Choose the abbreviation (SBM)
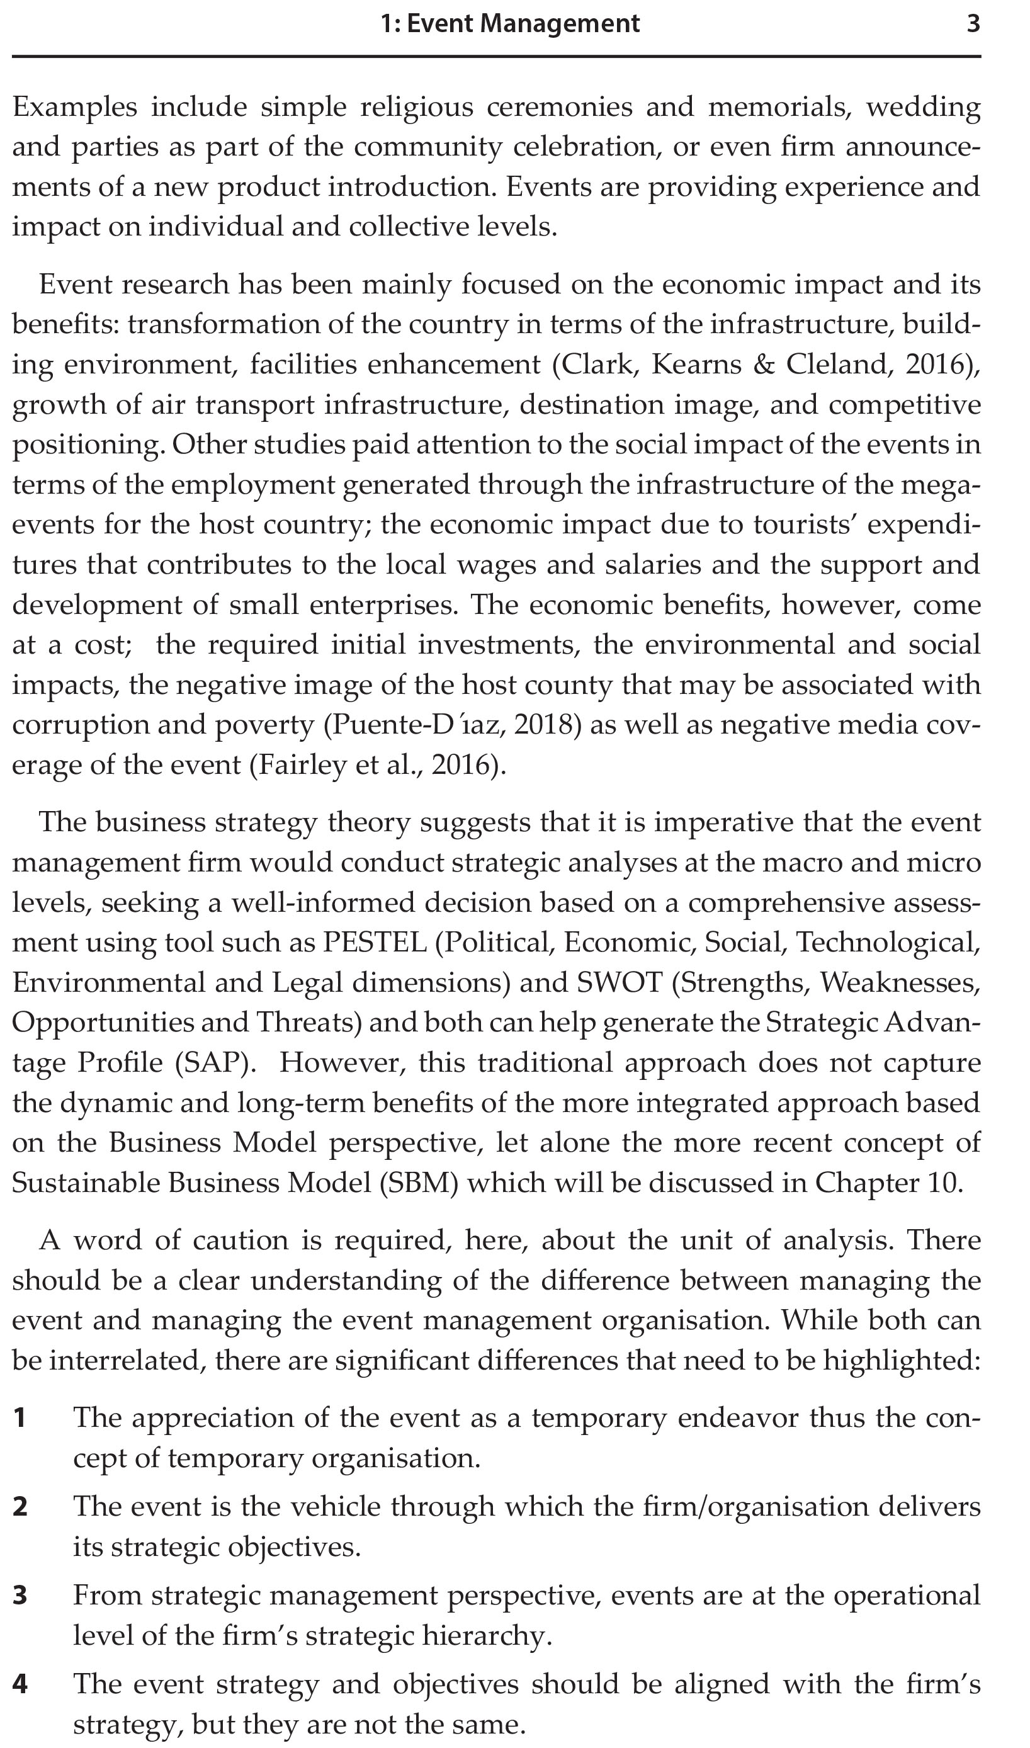coord(419,1183)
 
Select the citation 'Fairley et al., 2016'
coord(374,765)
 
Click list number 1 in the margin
coord(20,1418)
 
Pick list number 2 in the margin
coord(20,1507)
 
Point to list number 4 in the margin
coord(20,1685)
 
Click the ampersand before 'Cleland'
coord(764,365)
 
